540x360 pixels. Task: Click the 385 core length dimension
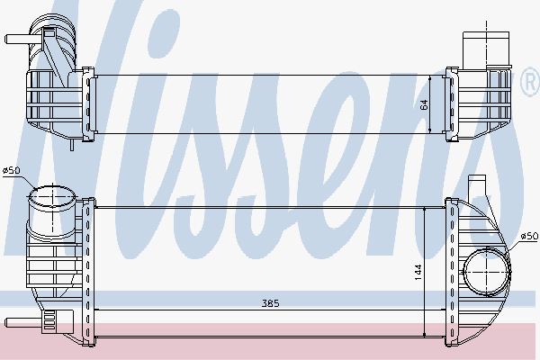click(x=271, y=303)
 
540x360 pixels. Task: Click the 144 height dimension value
click(x=418, y=272)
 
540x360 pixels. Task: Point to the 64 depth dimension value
click(x=424, y=104)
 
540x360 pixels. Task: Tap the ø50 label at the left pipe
click(x=12, y=170)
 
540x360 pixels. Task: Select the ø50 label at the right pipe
click(x=529, y=236)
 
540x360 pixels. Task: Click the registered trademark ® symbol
click(x=530, y=81)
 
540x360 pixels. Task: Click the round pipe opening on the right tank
click(x=487, y=272)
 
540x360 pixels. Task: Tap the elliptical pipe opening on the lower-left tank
click(x=52, y=197)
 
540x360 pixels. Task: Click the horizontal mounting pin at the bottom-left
click(x=23, y=323)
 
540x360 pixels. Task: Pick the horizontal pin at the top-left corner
click(x=19, y=39)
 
